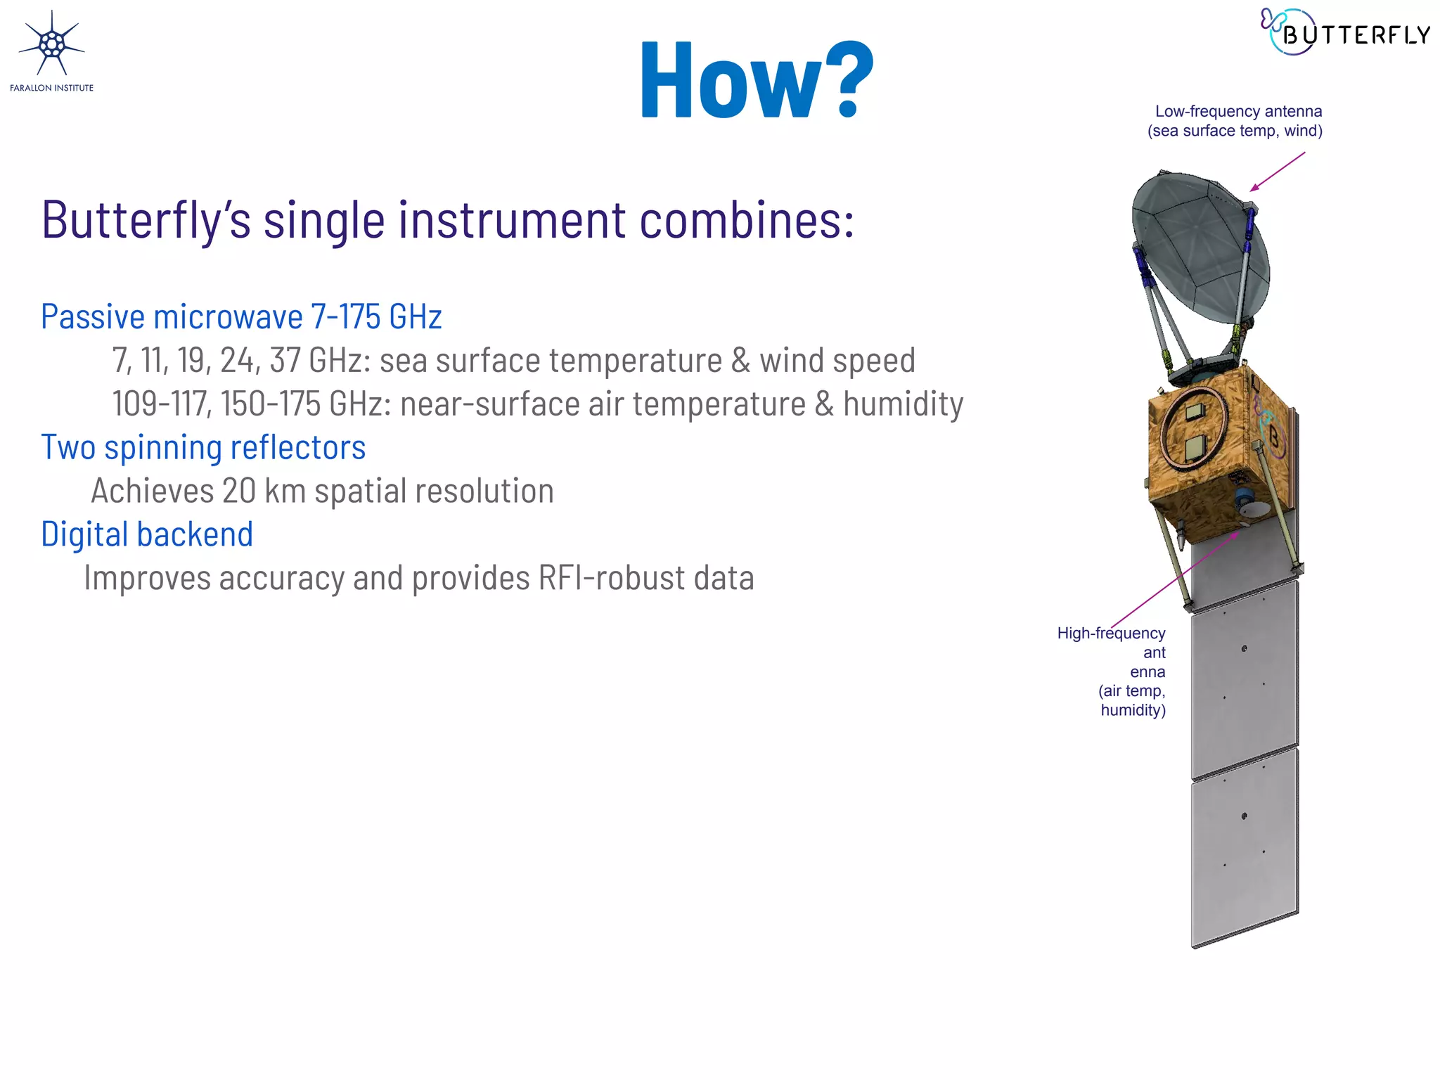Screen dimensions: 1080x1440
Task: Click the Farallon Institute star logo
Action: [x=51, y=45]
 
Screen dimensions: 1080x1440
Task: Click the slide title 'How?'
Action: [x=756, y=79]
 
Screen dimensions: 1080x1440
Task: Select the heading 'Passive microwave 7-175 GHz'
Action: [x=241, y=316]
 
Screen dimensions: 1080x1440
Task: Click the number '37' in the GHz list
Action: [x=285, y=360]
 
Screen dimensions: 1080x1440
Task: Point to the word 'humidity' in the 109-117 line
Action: [x=903, y=404]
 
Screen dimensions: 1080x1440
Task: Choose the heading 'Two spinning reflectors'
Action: [x=203, y=447]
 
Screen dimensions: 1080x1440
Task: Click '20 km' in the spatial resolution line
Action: [x=264, y=491]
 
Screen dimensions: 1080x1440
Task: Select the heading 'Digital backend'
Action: [x=147, y=534]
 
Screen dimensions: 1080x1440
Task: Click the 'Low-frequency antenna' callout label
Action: [x=1237, y=112]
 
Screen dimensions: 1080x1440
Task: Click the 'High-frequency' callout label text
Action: [x=1111, y=634]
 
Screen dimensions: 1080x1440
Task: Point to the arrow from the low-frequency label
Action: [x=1276, y=172]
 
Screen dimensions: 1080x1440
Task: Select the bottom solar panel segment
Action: [x=1245, y=844]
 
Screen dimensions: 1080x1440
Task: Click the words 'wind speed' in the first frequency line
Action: [x=837, y=360]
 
